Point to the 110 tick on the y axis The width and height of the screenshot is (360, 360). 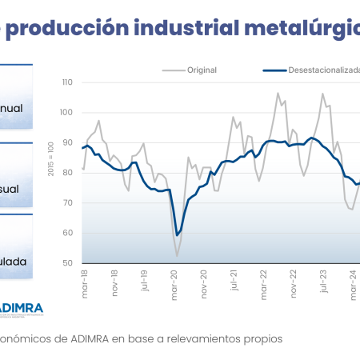pos(66,82)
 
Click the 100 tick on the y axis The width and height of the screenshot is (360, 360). pos(66,113)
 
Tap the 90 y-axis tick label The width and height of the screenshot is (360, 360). pos(68,142)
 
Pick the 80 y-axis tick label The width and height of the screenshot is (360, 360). pos(68,173)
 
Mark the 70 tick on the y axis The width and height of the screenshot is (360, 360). pos(68,203)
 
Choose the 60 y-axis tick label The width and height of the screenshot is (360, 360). pos(68,233)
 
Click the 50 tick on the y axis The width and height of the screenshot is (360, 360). pos(68,263)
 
